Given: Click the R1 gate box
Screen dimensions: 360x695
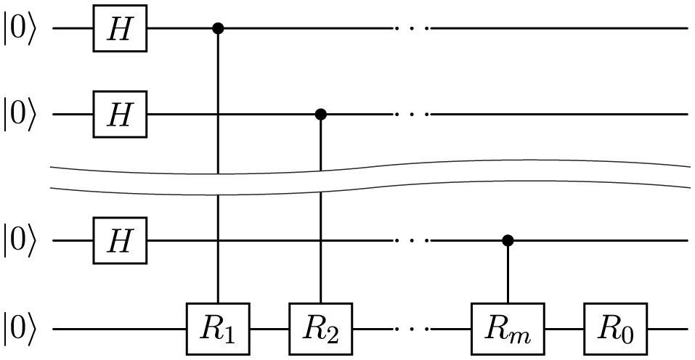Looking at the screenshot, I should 218,329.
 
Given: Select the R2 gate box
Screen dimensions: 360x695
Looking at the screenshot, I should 320,329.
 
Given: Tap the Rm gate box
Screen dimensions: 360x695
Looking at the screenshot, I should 507,329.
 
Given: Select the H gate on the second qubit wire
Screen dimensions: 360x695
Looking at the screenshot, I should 120,114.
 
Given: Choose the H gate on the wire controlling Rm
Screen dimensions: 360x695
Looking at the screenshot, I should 120,240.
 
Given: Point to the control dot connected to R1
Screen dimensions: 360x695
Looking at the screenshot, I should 218,29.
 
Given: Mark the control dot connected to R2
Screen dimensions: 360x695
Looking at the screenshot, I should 320,114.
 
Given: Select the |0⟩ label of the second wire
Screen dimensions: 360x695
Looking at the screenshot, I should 19,115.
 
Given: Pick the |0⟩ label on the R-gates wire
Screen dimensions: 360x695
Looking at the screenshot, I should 19,330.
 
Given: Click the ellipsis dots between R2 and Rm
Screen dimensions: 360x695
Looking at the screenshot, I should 412,329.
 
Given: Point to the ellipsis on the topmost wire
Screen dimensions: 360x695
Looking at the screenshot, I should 412,29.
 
